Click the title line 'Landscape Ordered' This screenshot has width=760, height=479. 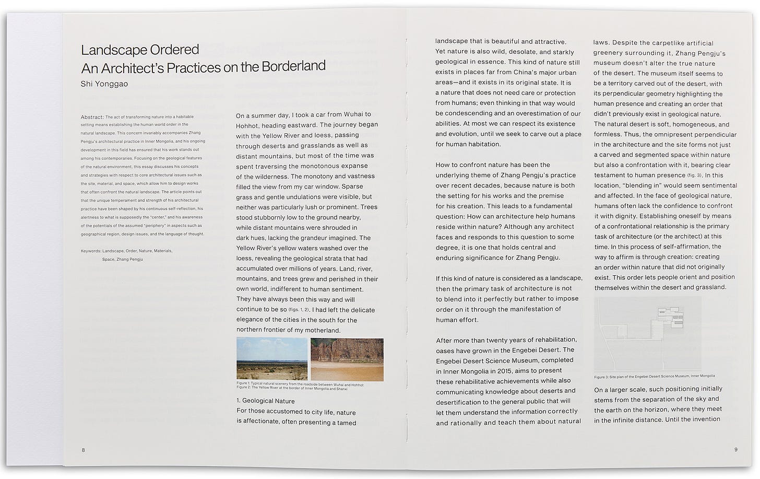(140, 50)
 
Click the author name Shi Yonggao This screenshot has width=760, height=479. (104, 84)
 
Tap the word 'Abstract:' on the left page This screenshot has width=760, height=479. (92, 117)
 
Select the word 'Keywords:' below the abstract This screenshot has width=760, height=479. (91, 251)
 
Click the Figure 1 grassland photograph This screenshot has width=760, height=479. (271, 358)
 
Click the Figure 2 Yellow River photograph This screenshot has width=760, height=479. (347, 359)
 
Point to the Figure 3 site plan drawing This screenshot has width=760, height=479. (648, 334)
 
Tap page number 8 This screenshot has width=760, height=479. (83, 450)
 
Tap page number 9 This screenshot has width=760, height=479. (735, 449)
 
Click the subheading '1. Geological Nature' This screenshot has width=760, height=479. (266, 401)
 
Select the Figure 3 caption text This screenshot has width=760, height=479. (654, 376)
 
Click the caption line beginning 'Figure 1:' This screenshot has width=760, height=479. (300, 384)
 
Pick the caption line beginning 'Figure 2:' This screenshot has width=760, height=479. (291, 388)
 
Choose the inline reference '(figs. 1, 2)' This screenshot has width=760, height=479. (299, 310)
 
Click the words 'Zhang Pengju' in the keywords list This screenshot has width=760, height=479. (129, 259)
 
